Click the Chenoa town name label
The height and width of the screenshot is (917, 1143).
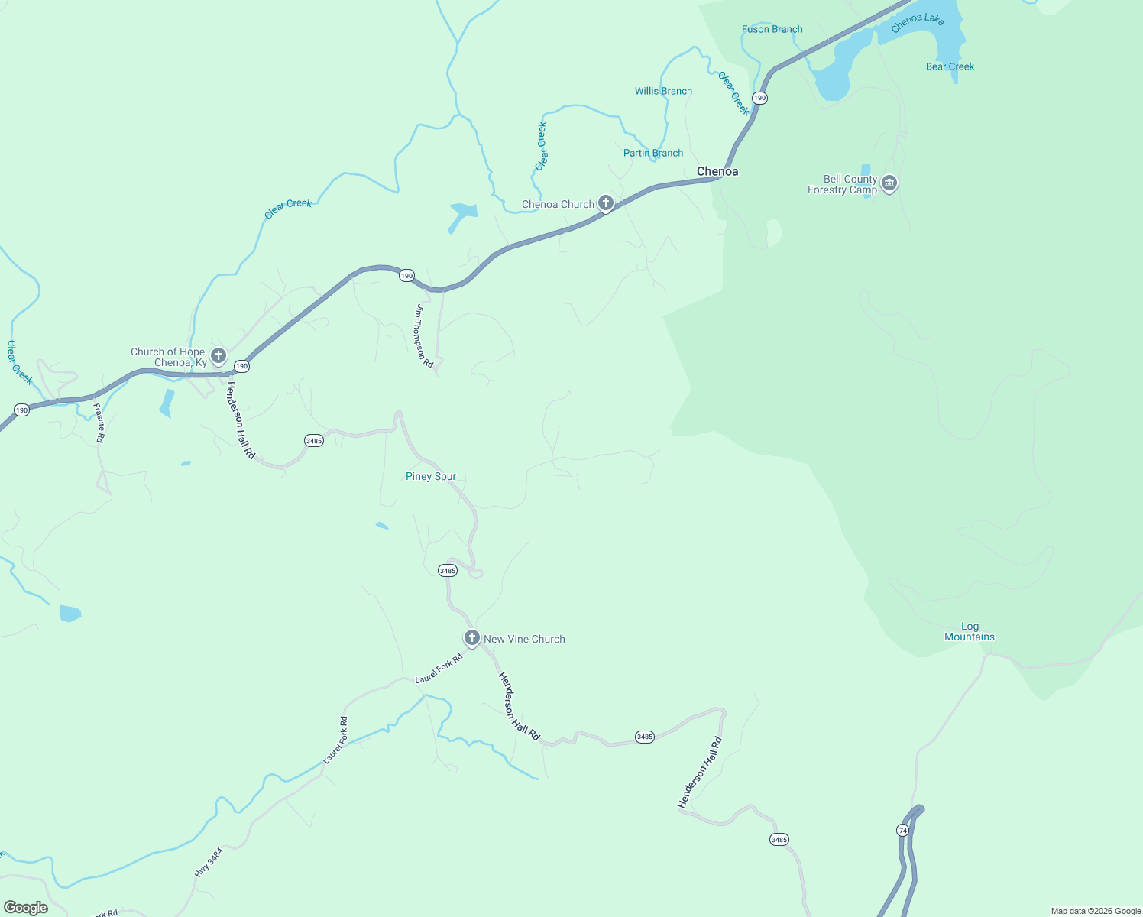[717, 172]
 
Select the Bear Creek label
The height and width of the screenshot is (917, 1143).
[950, 67]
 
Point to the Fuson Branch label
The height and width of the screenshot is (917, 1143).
[772, 30]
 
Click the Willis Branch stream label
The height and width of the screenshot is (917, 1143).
[663, 92]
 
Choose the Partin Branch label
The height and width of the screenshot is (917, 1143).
[653, 154]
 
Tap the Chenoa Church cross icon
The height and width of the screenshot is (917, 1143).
[606, 203]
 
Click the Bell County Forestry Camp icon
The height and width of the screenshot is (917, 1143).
[889, 183]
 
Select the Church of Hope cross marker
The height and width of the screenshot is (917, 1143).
[219, 356]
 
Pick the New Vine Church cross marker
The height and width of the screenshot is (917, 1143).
[472, 638]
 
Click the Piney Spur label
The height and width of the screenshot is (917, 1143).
[431, 477]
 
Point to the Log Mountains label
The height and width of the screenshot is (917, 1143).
[970, 632]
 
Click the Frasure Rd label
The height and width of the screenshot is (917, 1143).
[99, 423]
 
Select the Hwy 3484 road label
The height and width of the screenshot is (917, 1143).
[209, 861]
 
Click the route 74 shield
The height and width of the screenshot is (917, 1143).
[902, 831]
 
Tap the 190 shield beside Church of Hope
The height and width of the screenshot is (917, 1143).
[241, 367]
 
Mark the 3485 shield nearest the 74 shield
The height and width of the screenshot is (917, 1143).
[779, 840]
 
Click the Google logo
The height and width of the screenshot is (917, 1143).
[25, 908]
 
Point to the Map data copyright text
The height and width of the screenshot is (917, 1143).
[1096, 911]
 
